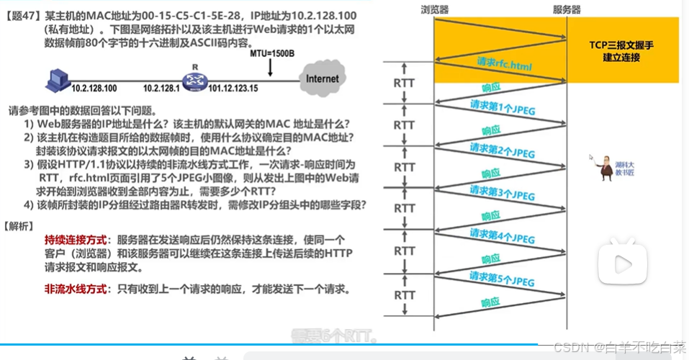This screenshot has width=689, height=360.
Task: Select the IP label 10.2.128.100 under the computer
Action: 94,89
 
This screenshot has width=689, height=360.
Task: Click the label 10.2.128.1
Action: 161,89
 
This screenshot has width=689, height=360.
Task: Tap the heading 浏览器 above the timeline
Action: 436,9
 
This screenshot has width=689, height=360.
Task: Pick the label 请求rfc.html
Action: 505,66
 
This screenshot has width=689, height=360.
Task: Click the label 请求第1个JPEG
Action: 503,108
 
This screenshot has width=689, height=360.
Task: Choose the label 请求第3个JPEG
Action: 503,193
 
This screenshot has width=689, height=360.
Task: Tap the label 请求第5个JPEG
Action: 503,277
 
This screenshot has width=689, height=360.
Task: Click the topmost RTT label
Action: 405,82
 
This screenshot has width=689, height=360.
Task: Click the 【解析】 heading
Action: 18,225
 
